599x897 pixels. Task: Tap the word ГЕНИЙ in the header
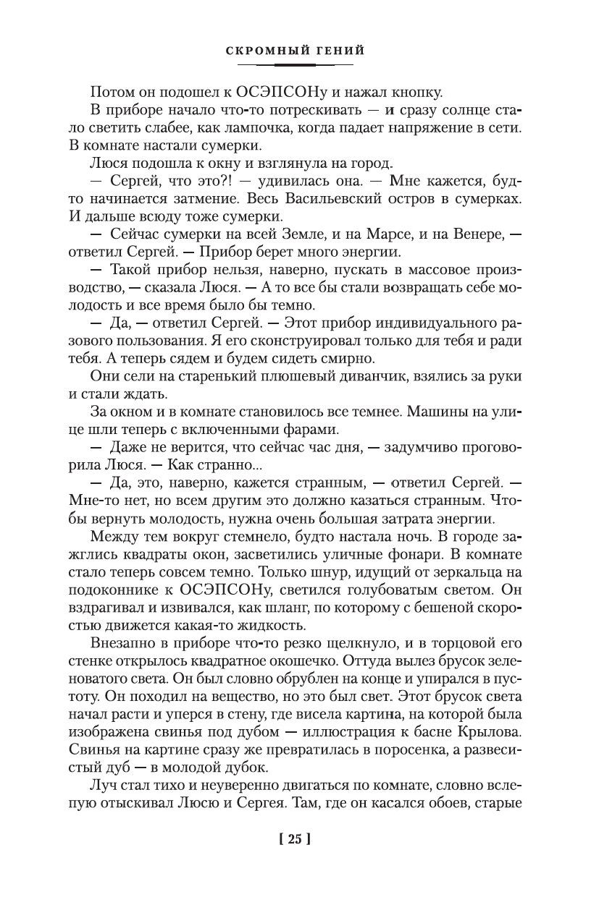[338, 51]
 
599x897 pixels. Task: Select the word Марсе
[389, 234]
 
